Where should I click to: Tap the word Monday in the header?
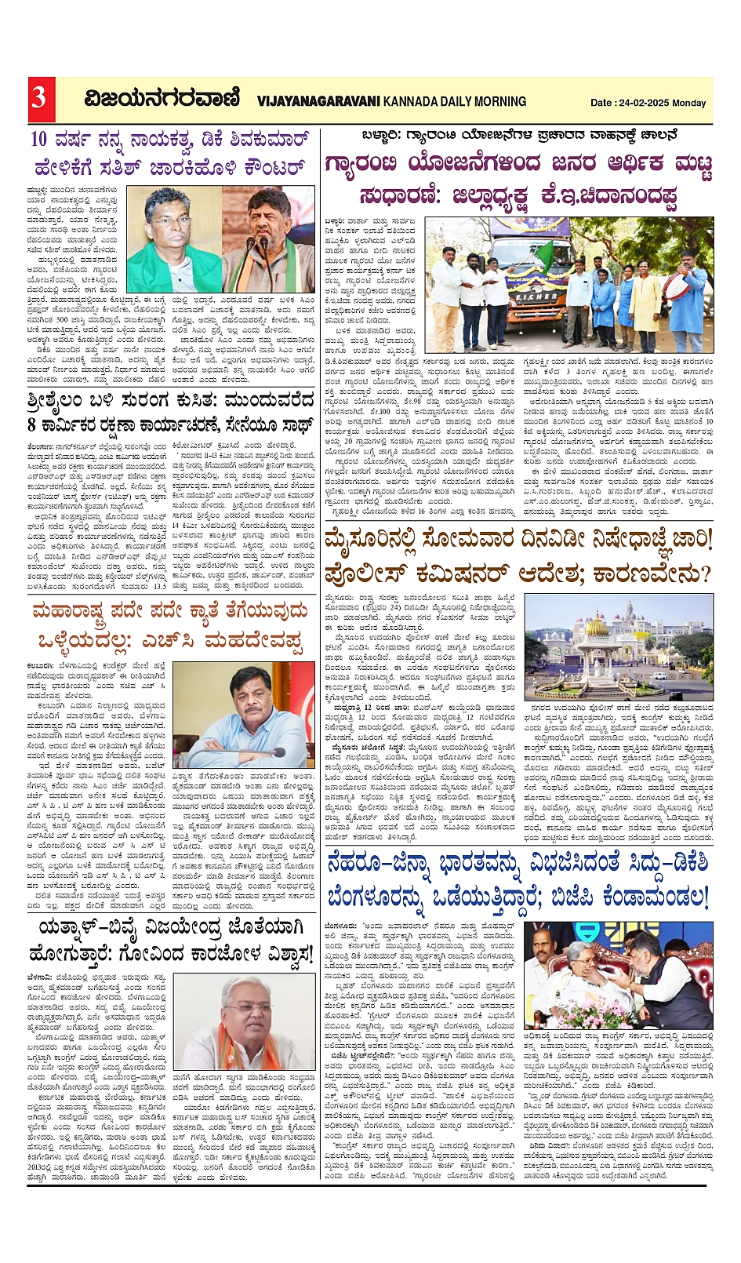(689, 103)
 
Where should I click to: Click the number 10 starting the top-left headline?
(40, 140)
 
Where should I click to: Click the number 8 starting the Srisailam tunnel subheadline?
(33, 425)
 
